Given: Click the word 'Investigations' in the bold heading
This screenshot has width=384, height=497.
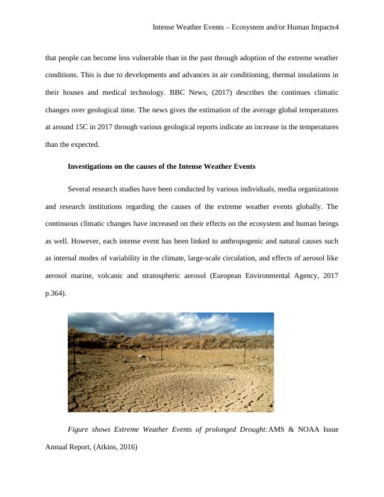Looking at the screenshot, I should click(93, 167).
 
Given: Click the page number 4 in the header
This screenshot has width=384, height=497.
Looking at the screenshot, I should click(336, 28).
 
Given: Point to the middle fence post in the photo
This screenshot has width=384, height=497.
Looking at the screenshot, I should click(162, 351).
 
